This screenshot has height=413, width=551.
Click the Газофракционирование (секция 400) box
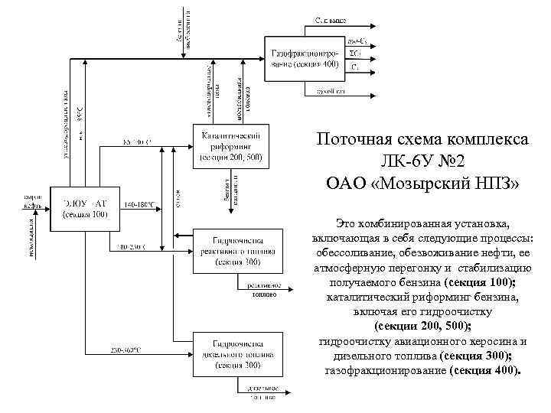(302, 59)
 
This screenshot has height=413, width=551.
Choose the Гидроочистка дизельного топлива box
(230, 354)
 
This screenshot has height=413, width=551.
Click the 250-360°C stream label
(126, 350)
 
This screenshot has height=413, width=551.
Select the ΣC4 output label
(354, 54)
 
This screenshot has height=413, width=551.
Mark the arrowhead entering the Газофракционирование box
(262, 58)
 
